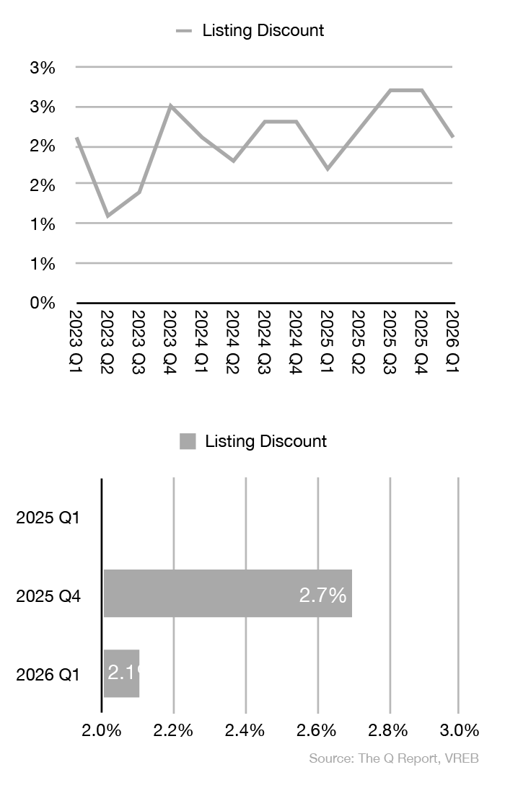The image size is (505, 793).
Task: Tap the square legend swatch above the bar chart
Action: (x=188, y=441)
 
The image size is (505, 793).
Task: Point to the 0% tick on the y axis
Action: (x=43, y=303)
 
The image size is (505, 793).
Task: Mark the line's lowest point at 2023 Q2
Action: (x=107, y=216)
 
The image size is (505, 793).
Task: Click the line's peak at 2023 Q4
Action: (x=170, y=106)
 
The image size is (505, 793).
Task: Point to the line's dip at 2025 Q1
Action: (x=328, y=169)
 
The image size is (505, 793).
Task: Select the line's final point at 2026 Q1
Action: (x=452, y=137)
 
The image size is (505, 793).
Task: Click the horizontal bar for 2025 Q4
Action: (x=227, y=593)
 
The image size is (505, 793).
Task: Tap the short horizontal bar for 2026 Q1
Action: (x=121, y=673)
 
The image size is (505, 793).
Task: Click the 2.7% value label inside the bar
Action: (x=322, y=595)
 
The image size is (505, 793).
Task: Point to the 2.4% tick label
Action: (x=246, y=730)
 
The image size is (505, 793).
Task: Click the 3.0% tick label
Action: (x=460, y=730)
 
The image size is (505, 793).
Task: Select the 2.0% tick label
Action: (x=102, y=730)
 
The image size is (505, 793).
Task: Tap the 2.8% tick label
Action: (x=390, y=730)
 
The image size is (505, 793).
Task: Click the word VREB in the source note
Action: (x=464, y=758)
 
